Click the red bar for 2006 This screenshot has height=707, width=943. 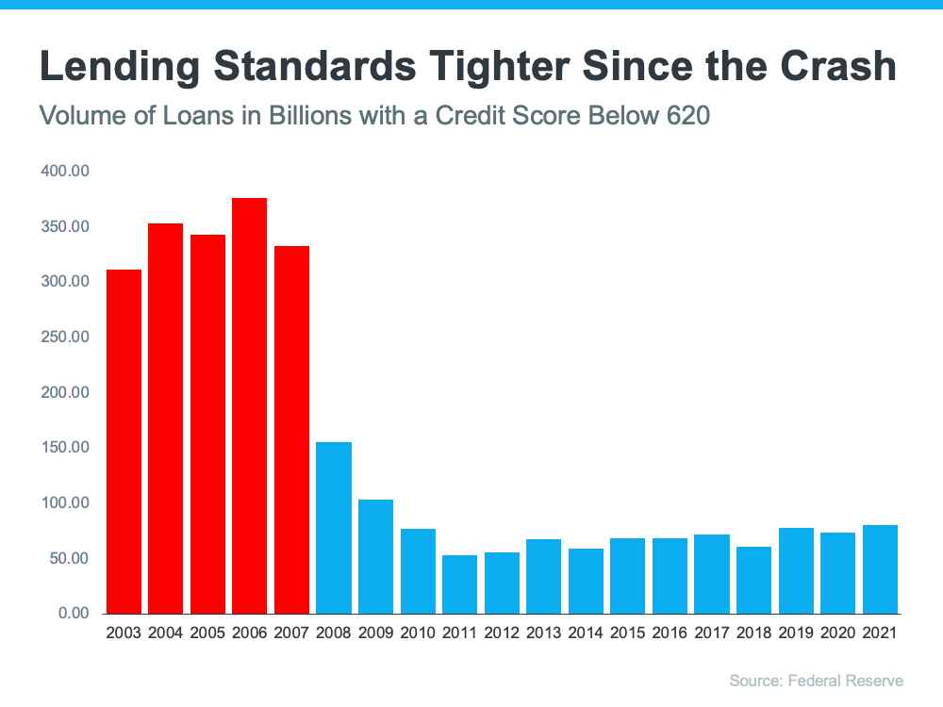tap(249, 405)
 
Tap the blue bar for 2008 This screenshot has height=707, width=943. tap(334, 528)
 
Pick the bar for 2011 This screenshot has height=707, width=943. tap(459, 584)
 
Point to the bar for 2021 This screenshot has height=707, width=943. tap(879, 569)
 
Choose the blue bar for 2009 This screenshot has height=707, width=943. tap(375, 556)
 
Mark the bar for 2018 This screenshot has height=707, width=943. tap(753, 580)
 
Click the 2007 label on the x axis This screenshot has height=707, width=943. tap(291, 633)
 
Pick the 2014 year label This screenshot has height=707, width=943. tap(586, 633)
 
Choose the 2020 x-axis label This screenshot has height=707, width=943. tap(837, 633)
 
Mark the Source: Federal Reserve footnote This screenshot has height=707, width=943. tap(816, 680)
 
